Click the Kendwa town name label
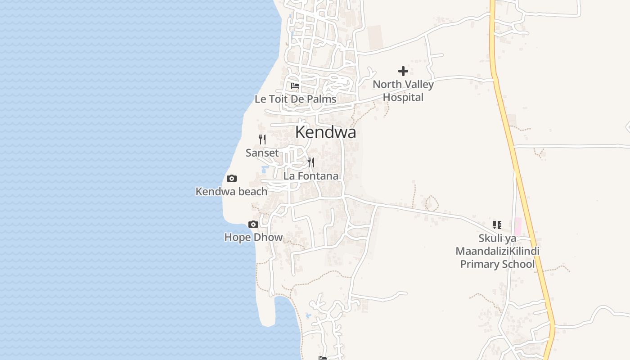coord(325,132)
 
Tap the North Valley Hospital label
coord(403,90)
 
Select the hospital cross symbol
coord(403,71)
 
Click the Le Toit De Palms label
coord(295,99)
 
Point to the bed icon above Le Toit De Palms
coord(295,85)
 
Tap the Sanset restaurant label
coord(262,153)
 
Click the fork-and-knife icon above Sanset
coord(262,139)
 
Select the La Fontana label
coord(310,176)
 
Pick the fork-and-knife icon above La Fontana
coord(311,162)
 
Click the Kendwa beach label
coord(231,192)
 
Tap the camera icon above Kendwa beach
coord(232,179)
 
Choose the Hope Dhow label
coord(253,238)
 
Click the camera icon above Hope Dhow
coord(253,225)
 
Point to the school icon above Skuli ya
coord(497,225)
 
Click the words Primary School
coord(497,264)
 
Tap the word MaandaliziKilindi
coord(497,251)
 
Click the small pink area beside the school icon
coord(517,226)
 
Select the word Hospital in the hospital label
coord(403,97)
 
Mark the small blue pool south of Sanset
coord(264,170)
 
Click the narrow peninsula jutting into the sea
coord(268,310)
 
